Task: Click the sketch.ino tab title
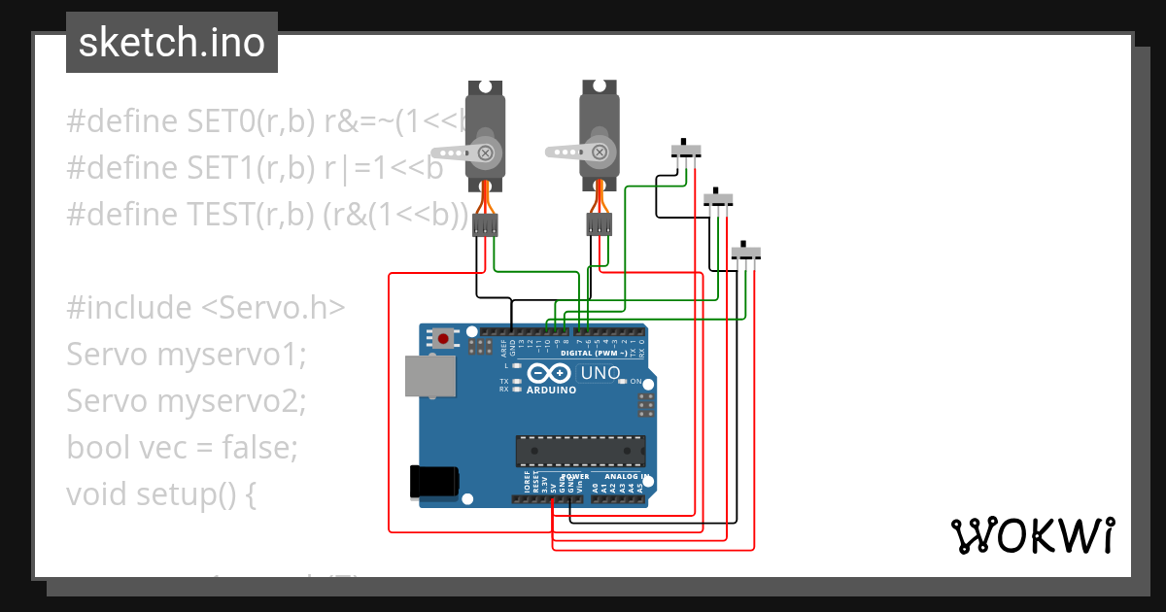[x=171, y=43]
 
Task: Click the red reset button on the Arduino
[x=444, y=339]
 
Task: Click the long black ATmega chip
[x=580, y=452]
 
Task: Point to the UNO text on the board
[x=600, y=373]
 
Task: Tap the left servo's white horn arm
[x=455, y=152]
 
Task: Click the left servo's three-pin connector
[x=485, y=226]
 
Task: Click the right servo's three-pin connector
[x=600, y=226]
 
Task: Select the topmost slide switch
[x=687, y=152]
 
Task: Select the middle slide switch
[x=717, y=200]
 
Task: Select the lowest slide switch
[x=746, y=253]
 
